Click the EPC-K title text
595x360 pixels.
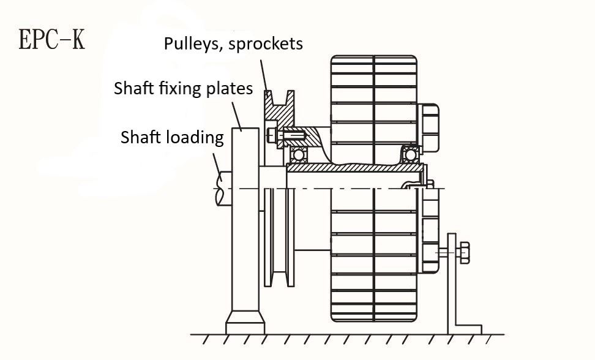pyautogui.click(x=52, y=39)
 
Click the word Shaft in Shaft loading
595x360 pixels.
pyautogui.click(x=141, y=137)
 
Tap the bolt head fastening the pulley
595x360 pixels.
pyautogui.click(x=271, y=134)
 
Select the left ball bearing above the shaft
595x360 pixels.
pyautogui.click(x=298, y=154)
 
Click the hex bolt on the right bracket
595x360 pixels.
pyautogui.click(x=464, y=252)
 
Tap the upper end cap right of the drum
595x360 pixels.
pyautogui.click(x=428, y=128)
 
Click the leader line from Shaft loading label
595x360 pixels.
pyautogui.click(x=217, y=162)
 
